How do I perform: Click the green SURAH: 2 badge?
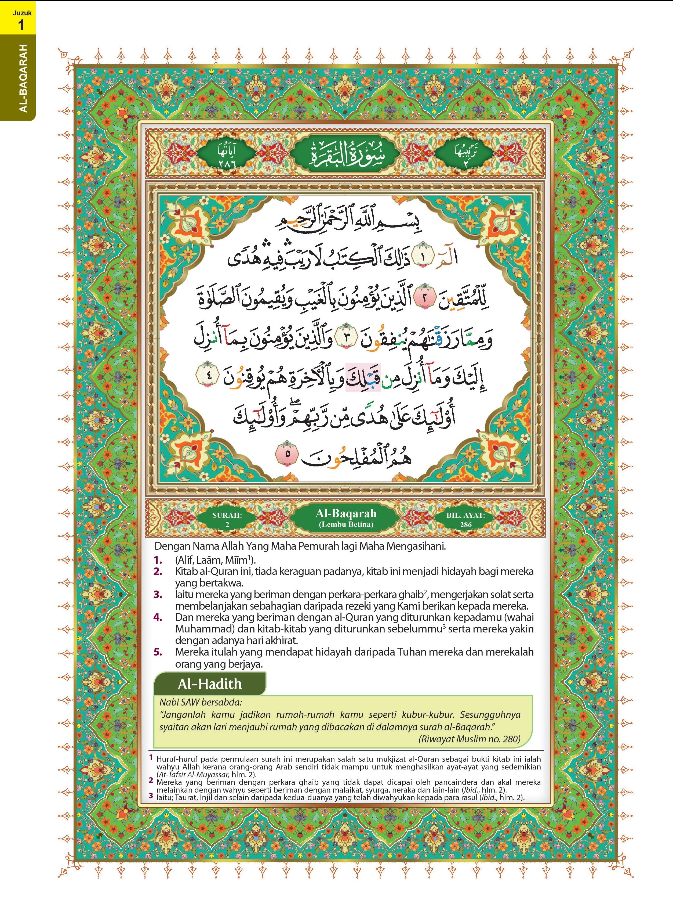tap(227, 519)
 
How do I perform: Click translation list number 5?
tap(158, 652)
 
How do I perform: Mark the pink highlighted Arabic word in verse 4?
tap(363, 377)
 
